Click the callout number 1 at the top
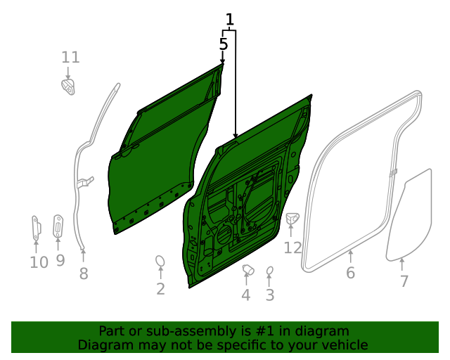(x=229, y=20)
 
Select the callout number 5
(x=224, y=44)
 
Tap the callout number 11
(x=71, y=58)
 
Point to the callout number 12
(x=292, y=247)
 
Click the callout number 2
(x=160, y=289)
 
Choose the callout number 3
(x=270, y=295)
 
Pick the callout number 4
(x=245, y=295)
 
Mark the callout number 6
(x=351, y=273)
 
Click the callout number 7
(x=404, y=281)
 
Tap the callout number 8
(x=84, y=274)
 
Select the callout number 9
(x=60, y=260)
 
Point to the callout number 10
(x=39, y=262)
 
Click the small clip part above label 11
(x=68, y=87)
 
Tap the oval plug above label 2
(x=160, y=262)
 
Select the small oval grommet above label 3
(x=269, y=271)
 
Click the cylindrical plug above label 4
(x=247, y=269)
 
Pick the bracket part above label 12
(x=292, y=220)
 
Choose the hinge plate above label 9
(x=58, y=225)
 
